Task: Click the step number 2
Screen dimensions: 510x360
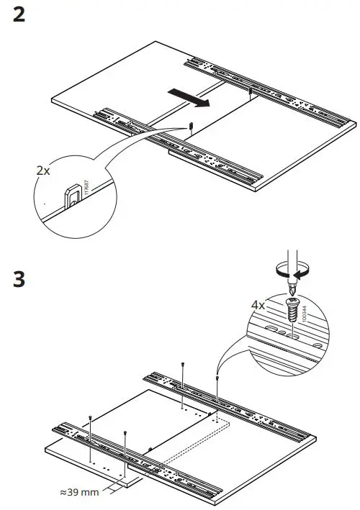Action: tap(19, 15)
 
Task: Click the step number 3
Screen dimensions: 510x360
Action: tap(19, 278)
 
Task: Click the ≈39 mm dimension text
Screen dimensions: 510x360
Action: tap(80, 492)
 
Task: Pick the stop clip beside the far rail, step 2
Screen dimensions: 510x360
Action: tap(249, 91)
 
